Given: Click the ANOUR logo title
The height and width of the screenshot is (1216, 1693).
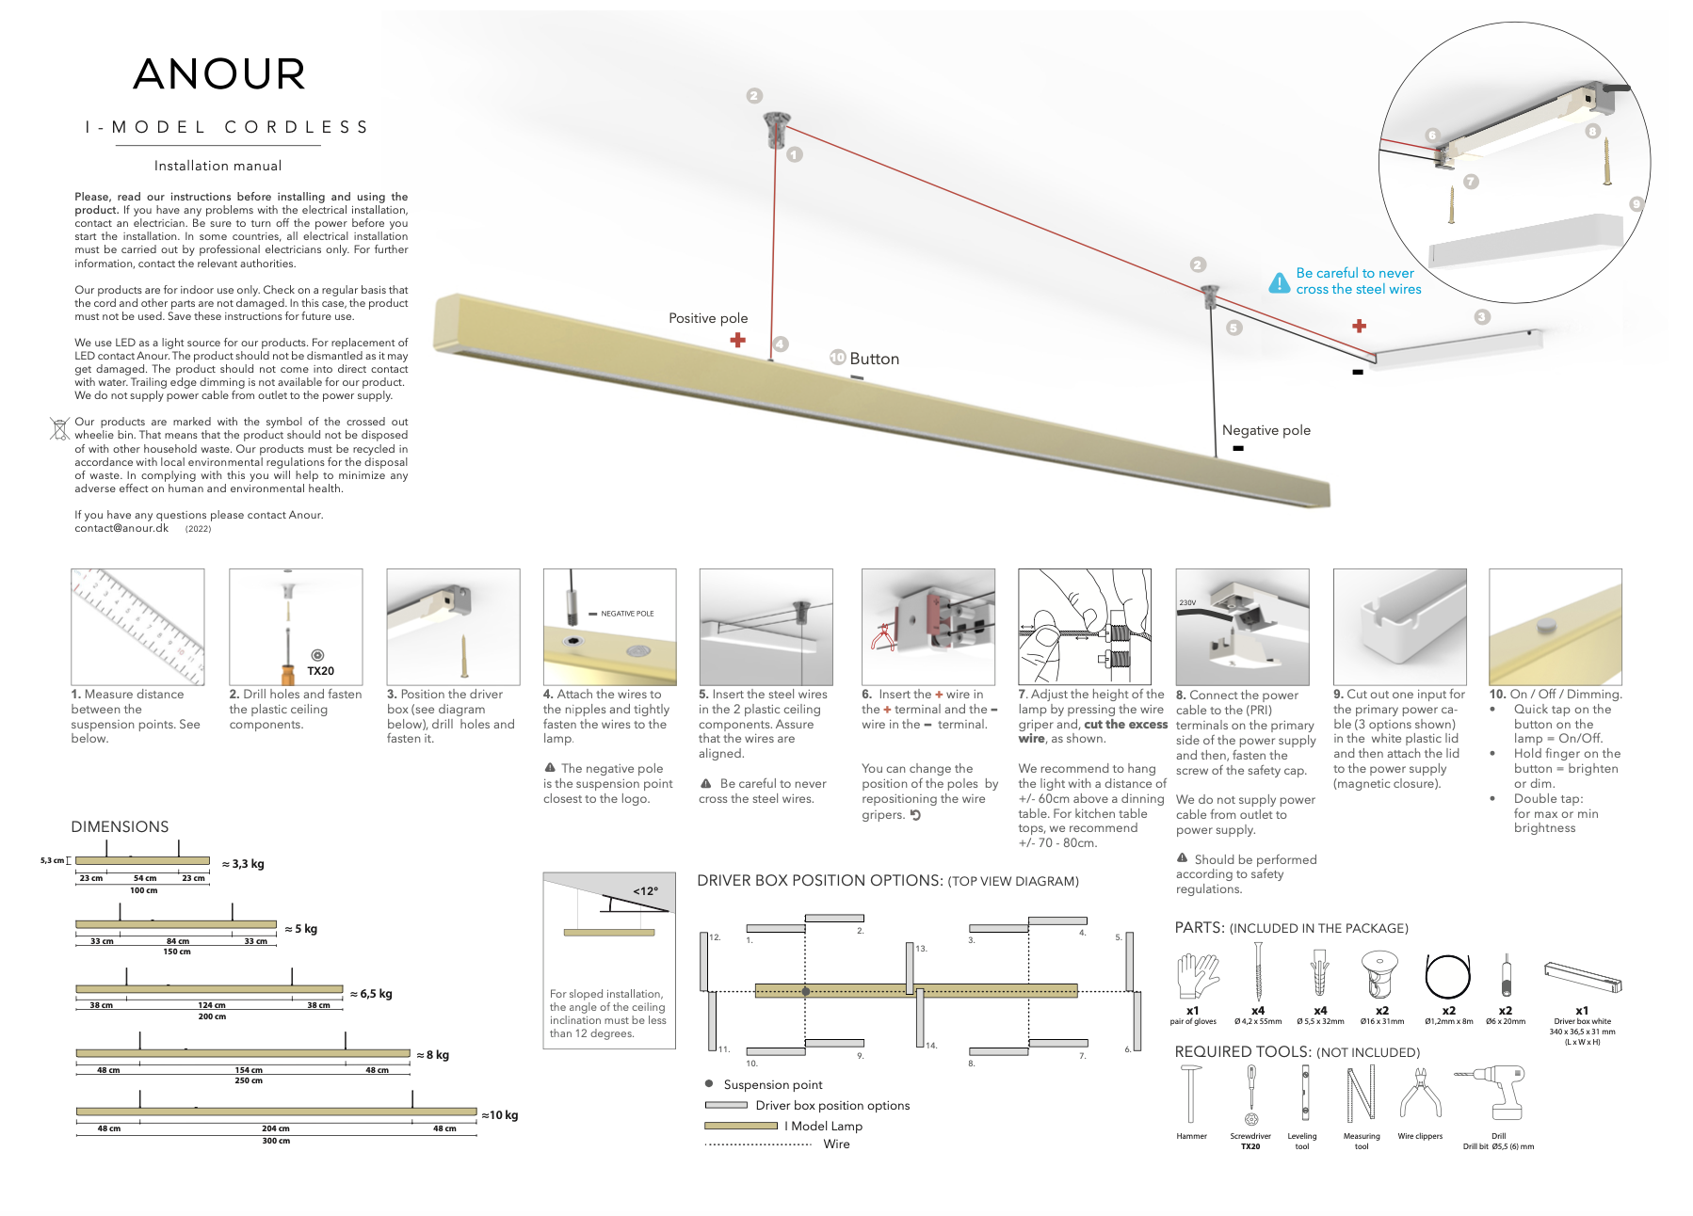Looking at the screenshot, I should tap(219, 74).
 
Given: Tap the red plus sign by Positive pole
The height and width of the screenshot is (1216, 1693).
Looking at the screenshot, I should tap(737, 340).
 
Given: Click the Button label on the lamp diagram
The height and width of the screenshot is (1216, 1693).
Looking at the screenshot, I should tap(874, 359).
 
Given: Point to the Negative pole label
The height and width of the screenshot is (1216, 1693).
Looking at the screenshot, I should tap(1266, 430).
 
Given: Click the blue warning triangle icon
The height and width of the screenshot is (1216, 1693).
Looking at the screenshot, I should tap(1279, 282).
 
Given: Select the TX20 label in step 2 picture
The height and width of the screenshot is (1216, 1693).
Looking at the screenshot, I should tap(320, 671).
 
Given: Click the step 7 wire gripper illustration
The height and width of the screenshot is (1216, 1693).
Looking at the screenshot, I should tap(1084, 626).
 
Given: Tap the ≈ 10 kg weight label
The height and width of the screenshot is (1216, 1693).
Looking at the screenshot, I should tap(500, 1115).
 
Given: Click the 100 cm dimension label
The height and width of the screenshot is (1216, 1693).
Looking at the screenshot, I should tap(143, 890).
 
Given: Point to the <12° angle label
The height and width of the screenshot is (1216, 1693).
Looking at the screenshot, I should tap(646, 890).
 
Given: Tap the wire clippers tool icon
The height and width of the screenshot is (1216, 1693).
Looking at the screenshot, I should tap(1420, 1096).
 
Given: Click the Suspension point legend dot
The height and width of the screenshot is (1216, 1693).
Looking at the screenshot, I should tap(709, 1084).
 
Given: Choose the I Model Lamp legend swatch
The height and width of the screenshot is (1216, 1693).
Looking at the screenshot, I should tap(739, 1126).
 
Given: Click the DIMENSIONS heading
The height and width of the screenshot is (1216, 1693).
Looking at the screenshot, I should tap(120, 826).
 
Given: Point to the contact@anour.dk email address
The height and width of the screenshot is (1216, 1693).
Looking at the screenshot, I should tap(121, 528).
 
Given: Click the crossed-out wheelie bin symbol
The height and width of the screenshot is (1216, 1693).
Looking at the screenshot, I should tap(59, 428).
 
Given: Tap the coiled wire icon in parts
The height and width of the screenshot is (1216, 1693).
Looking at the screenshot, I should tap(1447, 975).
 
